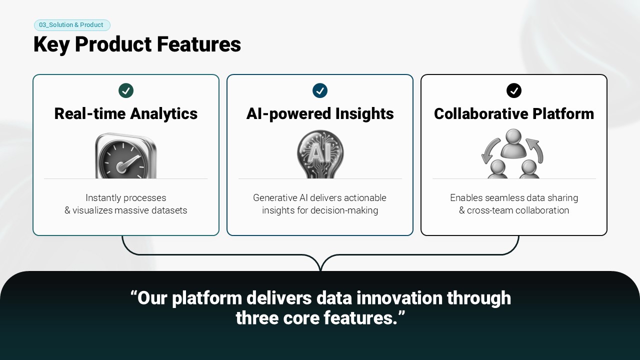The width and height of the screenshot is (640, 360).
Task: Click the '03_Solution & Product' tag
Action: pyautogui.click(x=72, y=25)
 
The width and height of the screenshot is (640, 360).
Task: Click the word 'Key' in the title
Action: pyautogui.click(x=51, y=45)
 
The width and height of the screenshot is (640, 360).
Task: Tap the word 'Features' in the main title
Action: pyautogui.click(x=199, y=44)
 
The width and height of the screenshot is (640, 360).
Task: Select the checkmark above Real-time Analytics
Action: pyautogui.click(x=126, y=90)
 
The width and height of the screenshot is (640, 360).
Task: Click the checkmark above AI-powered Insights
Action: pyautogui.click(x=320, y=90)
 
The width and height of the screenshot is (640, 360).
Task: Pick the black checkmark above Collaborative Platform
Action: pyautogui.click(x=514, y=90)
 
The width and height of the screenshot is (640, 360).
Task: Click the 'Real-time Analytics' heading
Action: pyautogui.click(x=126, y=113)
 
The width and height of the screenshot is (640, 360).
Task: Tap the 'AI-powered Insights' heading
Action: pyautogui.click(x=320, y=113)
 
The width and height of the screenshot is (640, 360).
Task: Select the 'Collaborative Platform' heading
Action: pyautogui.click(x=514, y=113)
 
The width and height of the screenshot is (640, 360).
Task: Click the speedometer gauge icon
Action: pyautogui.click(x=125, y=156)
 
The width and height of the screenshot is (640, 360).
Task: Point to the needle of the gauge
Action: pyautogui.click(x=128, y=163)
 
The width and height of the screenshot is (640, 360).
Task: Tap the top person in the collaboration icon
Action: pyautogui.click(x=513, y=143)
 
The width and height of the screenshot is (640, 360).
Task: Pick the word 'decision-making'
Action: pyautogui.click(x=344, y=210)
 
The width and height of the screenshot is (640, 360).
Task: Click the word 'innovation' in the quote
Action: pyautogui.click(x=399, y=298)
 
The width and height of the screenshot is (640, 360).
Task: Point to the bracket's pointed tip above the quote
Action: pyautogui.click(x=320, y=269)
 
